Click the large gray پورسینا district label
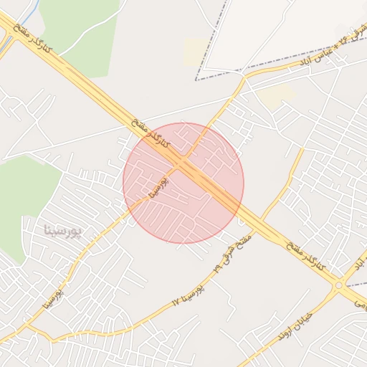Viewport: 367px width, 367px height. [63, 231]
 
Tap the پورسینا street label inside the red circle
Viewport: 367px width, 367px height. [159, 186]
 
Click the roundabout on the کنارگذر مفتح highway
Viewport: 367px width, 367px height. [338, 285]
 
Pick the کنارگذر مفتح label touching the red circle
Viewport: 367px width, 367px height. [151, 133]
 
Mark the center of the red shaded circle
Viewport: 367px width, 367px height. [183, 183]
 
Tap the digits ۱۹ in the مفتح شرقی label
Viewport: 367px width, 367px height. [216, 267]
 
